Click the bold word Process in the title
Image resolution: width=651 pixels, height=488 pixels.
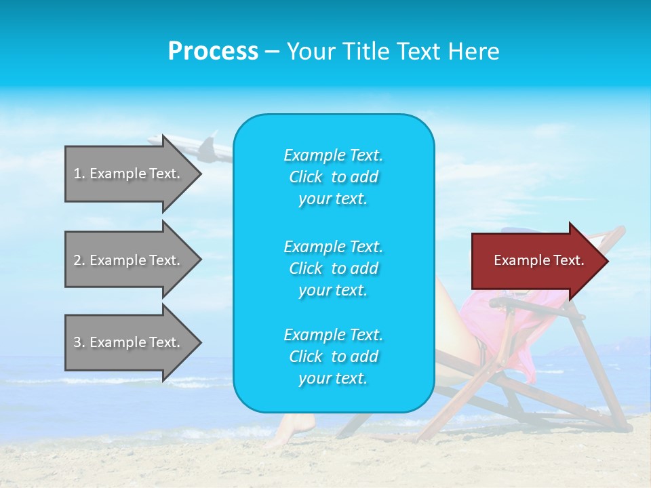pos(213,52)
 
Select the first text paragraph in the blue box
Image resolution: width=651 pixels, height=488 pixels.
pos(333,176)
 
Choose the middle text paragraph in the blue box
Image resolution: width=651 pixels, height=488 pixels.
pos(333,268)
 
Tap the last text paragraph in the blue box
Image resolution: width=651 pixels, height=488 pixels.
pos(333,357)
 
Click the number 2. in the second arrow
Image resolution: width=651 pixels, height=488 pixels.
pos(79,260)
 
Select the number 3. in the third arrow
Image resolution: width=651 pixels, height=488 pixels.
pos(79,342)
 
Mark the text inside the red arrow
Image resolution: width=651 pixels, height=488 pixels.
pos(538,260)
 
